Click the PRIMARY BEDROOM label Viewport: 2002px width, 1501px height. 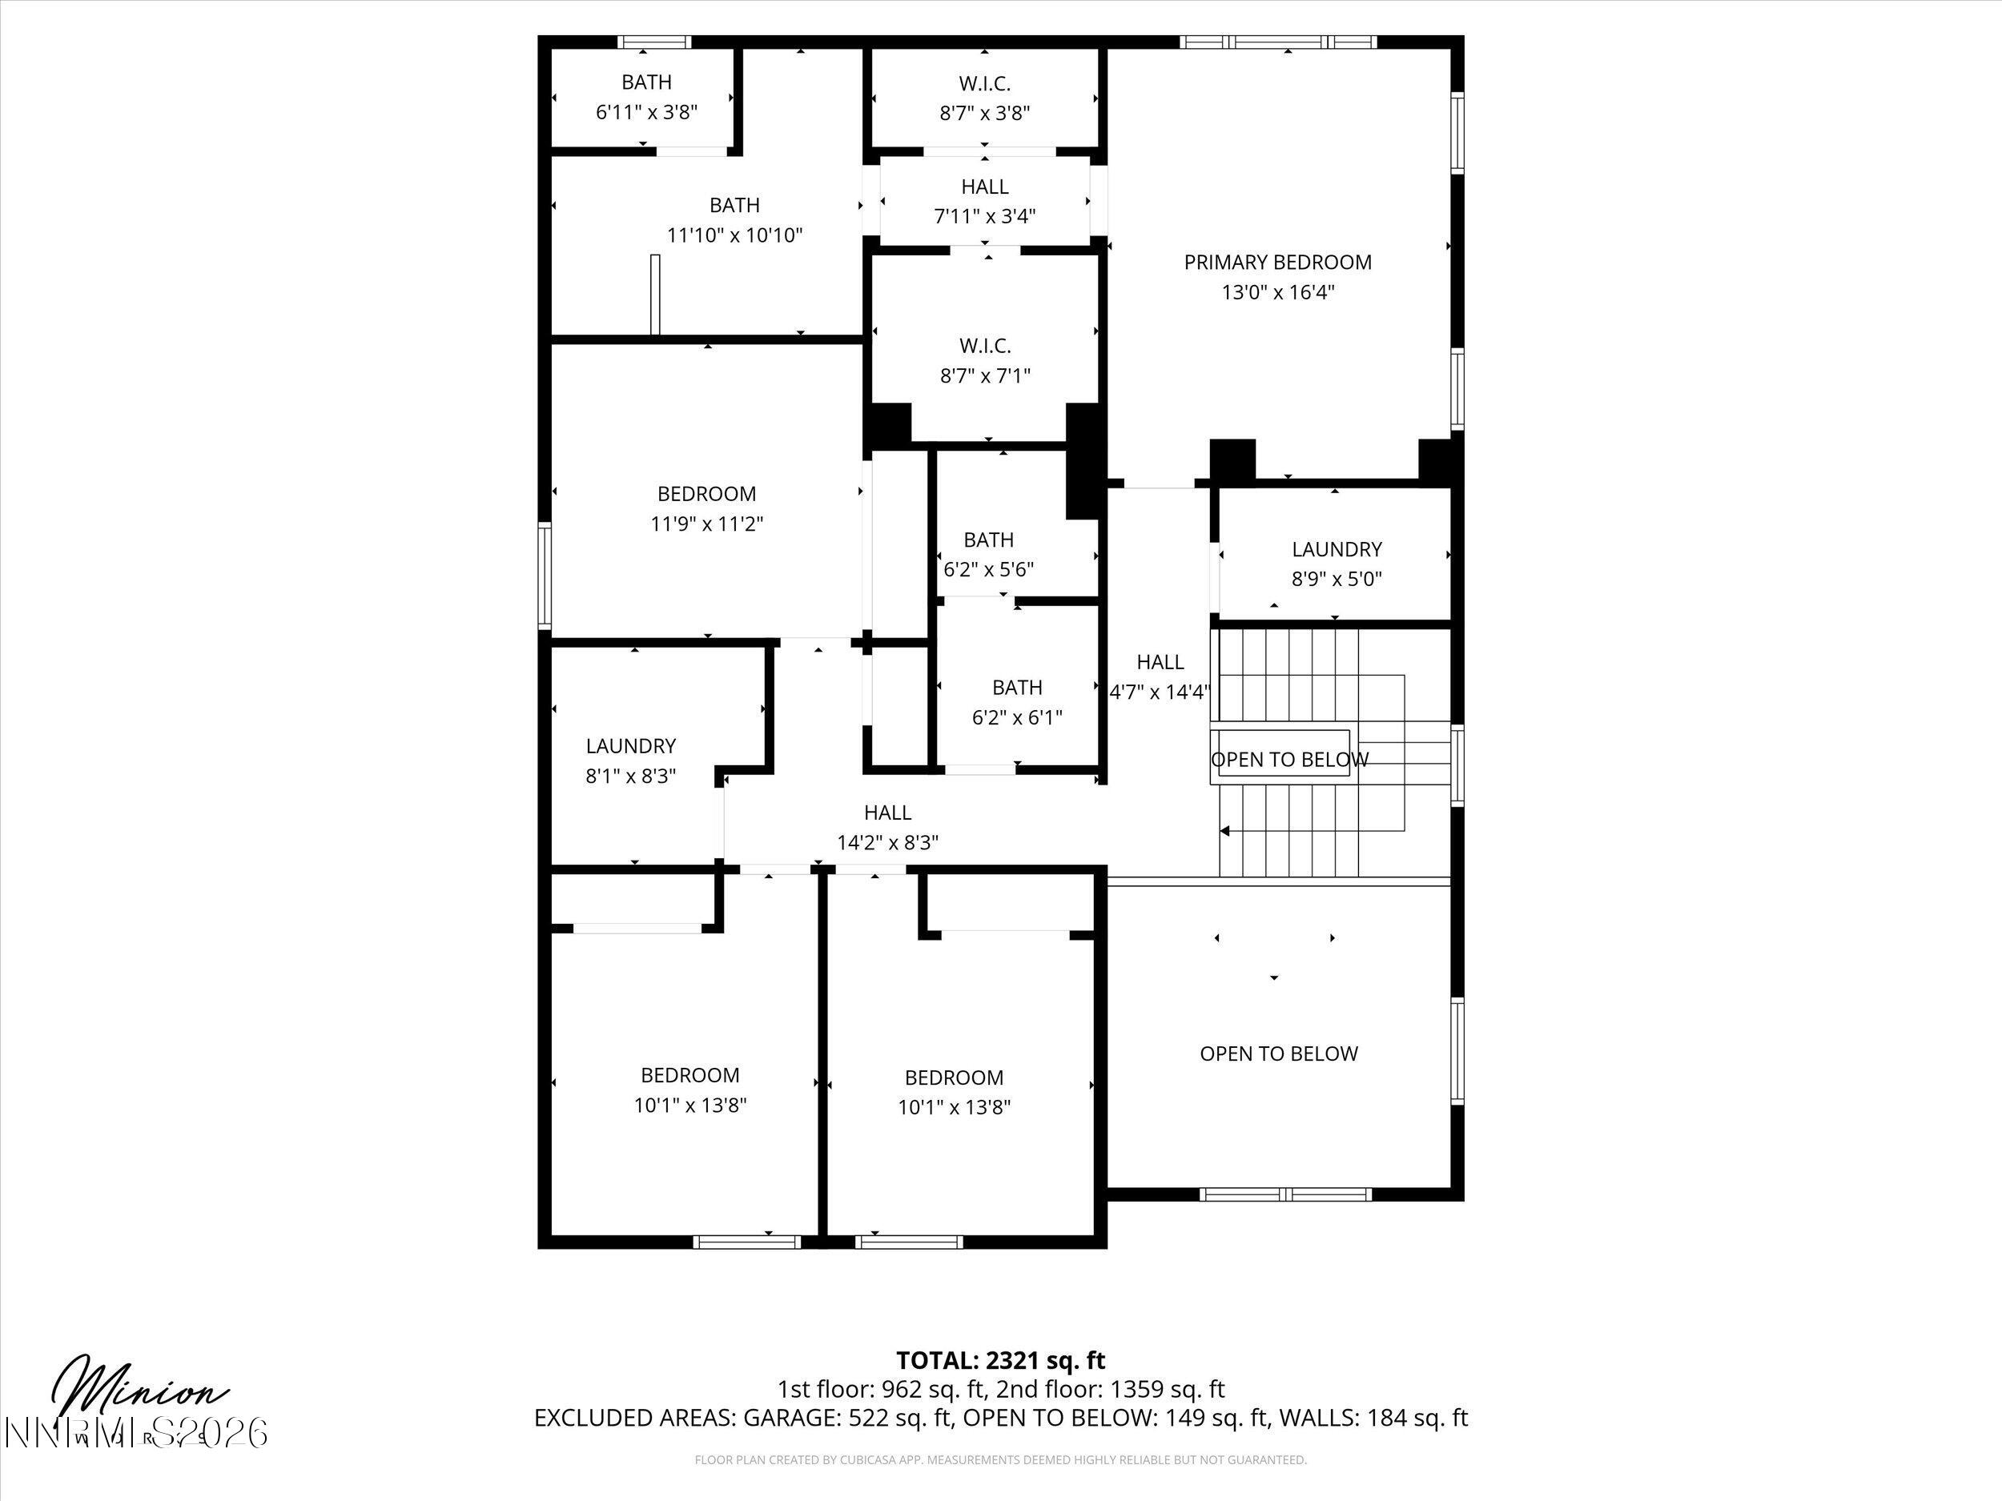pos(1277,263)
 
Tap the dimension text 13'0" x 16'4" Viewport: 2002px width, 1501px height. pos(1277,292)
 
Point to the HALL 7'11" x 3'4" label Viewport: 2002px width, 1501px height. pos(985,187)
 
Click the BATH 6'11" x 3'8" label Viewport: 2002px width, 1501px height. pos(646,82)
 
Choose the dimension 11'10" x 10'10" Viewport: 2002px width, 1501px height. pos(734,235)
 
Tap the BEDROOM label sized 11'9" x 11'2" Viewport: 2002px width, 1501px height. pos(706,494)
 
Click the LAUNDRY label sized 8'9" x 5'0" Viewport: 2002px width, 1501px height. pos(1336,549)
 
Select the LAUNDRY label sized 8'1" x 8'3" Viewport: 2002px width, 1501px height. pos(630,745)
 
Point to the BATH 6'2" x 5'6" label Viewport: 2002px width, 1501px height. pos(988,540)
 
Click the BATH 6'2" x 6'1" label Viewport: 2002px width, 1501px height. pos(1016,688)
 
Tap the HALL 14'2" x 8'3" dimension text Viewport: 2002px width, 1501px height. pos(887,842)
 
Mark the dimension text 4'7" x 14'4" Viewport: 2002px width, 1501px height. pos(1160,692)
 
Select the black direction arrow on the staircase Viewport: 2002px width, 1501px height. pos(1224,831)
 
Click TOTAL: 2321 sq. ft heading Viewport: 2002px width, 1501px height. pos(1000,1361)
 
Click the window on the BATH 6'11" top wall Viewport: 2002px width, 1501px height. pos(654,42)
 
